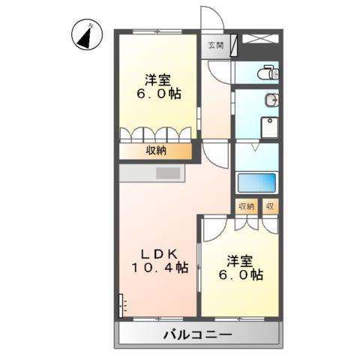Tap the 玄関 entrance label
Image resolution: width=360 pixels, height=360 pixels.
coord(215,45)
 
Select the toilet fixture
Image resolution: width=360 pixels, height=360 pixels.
coord(268,73)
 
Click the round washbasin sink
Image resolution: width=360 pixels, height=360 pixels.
coord(271,100)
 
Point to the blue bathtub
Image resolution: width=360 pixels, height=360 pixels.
coord(257,184)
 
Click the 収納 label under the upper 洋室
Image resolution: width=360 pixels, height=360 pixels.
coord(156,151)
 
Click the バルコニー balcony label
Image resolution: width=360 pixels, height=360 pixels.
coord(197,334)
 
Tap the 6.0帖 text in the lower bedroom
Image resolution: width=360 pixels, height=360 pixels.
coord(239,275)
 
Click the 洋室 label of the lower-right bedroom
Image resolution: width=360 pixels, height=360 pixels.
coord(240,260)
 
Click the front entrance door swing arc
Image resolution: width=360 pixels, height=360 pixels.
coord(211,19)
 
